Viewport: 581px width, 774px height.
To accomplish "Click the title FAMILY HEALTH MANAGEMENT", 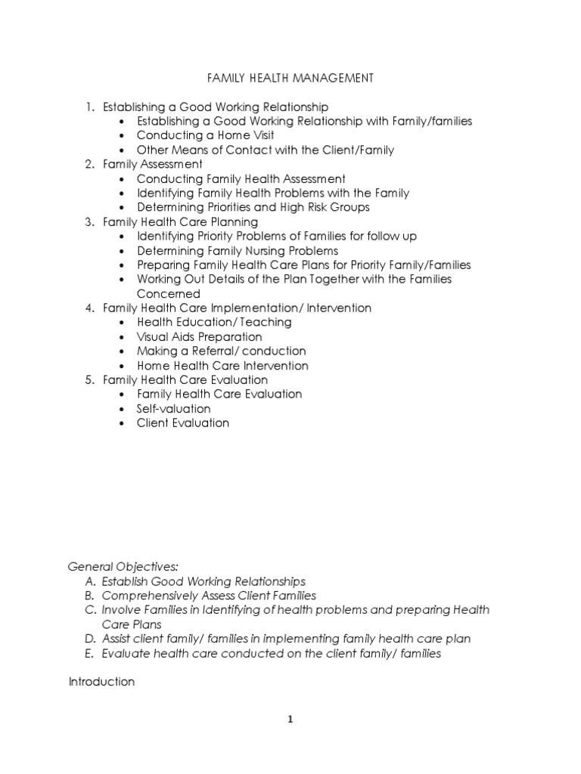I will point(290,78).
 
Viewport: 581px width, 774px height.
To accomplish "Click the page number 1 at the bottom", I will point(290,720).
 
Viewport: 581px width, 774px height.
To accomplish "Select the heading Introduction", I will point(101,682).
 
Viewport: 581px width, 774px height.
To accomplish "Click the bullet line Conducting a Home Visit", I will point(205,135).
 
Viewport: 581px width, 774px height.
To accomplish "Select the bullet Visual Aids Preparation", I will point(199,337).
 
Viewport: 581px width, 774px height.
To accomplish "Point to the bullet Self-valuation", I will point(173,409).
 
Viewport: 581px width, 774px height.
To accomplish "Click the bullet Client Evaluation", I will point(182,423).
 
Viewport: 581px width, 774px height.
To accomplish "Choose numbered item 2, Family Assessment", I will point(152,164).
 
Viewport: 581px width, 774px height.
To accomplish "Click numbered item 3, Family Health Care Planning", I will point(180,222).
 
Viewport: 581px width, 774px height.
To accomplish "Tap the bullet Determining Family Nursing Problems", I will point(237,251).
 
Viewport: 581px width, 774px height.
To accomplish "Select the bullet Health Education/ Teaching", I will point(214,323).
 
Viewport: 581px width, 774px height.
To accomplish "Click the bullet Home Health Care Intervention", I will point(222,366).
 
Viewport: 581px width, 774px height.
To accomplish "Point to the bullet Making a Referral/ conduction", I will point(221,351).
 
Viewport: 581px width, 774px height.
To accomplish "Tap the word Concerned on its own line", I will point(168,294).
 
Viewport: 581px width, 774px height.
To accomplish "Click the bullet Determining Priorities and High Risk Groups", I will point(253,207).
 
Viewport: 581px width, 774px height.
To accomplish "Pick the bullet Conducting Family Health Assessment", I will point(241,179).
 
